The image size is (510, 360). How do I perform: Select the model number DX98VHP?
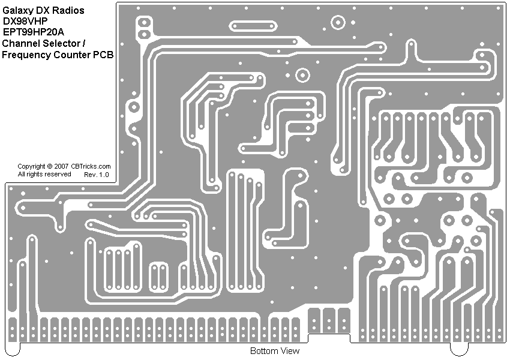[x=25, y=21]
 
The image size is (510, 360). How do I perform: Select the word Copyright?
[x=31, y=166]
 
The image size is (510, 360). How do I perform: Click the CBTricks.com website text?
[x=91, y=166]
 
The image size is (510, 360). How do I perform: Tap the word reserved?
[x=58, y=174]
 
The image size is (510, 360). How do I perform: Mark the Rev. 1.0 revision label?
[x=97, y=175]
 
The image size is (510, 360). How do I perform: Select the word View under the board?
[x=289, y=351]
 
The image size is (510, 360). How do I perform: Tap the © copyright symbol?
[x=49, y=166]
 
